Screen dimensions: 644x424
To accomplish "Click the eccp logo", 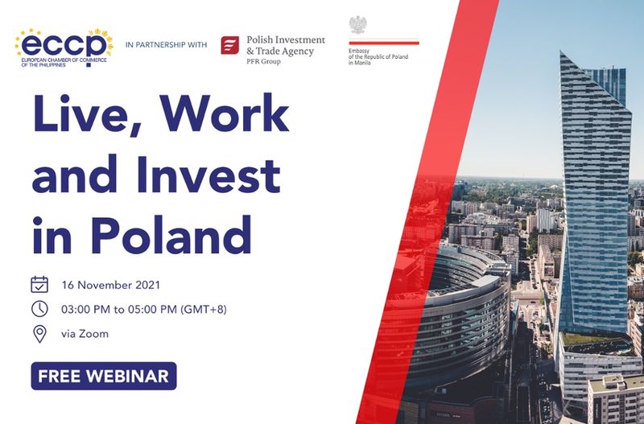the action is coord(64,47).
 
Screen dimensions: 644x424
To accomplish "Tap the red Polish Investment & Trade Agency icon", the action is coord(230,45).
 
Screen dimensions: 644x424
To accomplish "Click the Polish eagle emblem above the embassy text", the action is coord(357,25).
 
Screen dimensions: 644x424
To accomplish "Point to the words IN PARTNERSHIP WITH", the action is coord(167,45).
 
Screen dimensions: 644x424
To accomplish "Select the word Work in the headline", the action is coord(225,113).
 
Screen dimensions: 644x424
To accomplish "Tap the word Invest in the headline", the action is coord(208,174).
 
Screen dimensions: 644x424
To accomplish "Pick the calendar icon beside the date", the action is coord(39,285).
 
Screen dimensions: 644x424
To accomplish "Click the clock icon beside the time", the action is coord(39,309).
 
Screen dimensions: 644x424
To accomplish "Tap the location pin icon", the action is coord(39,334).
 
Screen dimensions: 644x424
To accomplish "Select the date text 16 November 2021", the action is coord(111,285).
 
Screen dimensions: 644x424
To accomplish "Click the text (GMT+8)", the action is coord(204,309).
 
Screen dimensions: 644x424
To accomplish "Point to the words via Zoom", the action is coord(85,334).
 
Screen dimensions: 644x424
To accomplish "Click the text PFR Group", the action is coord(263,62).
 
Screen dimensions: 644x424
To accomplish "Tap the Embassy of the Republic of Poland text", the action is coord(378,56).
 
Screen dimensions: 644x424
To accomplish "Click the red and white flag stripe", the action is coord(384,42).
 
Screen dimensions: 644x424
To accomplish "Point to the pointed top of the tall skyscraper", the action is coord(561,52).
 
